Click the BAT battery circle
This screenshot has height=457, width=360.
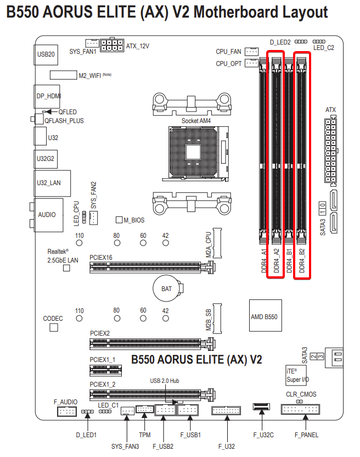166,288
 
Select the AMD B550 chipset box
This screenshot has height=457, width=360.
264,317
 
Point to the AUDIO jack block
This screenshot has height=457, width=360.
47,214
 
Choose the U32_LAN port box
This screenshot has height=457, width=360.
48,183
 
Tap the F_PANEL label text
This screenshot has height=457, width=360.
306,435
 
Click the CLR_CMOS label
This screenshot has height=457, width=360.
301,394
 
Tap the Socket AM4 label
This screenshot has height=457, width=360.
196,120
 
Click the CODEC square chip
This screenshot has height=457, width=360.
53,327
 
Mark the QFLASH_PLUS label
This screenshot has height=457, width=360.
64,120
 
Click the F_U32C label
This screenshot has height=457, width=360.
264,435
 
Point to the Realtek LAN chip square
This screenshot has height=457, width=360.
67,268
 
